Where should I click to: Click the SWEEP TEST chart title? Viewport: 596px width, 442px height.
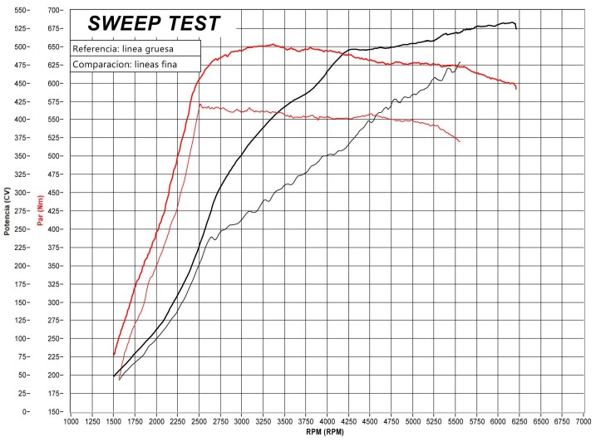(154, 23)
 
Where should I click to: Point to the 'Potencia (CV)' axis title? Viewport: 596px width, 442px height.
(7, 211)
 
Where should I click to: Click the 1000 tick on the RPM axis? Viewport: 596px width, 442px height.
(71, 421)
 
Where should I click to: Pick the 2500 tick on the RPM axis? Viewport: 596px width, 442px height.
(199, 421)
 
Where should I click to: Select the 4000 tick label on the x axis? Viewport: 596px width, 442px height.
(328, 421)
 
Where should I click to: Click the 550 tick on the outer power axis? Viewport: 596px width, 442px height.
(19, 10)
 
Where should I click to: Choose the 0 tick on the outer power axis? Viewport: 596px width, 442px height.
(25, 411)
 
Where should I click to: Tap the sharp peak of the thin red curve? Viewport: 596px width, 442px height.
(199, 105)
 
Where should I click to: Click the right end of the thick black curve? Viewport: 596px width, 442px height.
(516, 29)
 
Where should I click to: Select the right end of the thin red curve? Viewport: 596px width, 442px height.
(460, 142)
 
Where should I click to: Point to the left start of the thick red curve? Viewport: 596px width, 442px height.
(114, 355)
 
